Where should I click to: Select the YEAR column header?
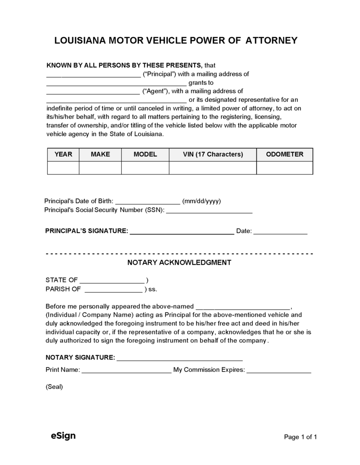click(x=63, y=154)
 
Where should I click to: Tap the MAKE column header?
click(x=100, y=154)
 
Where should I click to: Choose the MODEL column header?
click(x=145, y=154)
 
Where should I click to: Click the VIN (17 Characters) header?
click(x=213, y=154)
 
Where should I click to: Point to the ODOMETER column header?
click(x=285, y=154)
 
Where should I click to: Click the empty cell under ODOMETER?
click(x=285, y=168)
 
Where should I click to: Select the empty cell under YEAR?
click(x=63, y=168)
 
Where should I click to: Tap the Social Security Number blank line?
click(x=209, y=211)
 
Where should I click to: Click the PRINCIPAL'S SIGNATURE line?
click(x=182, y=232)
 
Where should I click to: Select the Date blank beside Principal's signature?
click(x=280, y=232)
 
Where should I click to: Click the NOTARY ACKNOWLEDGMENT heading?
click(x=179, y=262)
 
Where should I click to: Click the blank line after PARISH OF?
click(x=114, y=290)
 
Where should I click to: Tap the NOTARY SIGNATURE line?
click(x=180, y=359)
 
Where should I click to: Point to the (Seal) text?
click(x=54, y=387)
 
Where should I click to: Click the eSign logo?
click(x=63, y=436)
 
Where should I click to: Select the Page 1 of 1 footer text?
click(x=300, y=437)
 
